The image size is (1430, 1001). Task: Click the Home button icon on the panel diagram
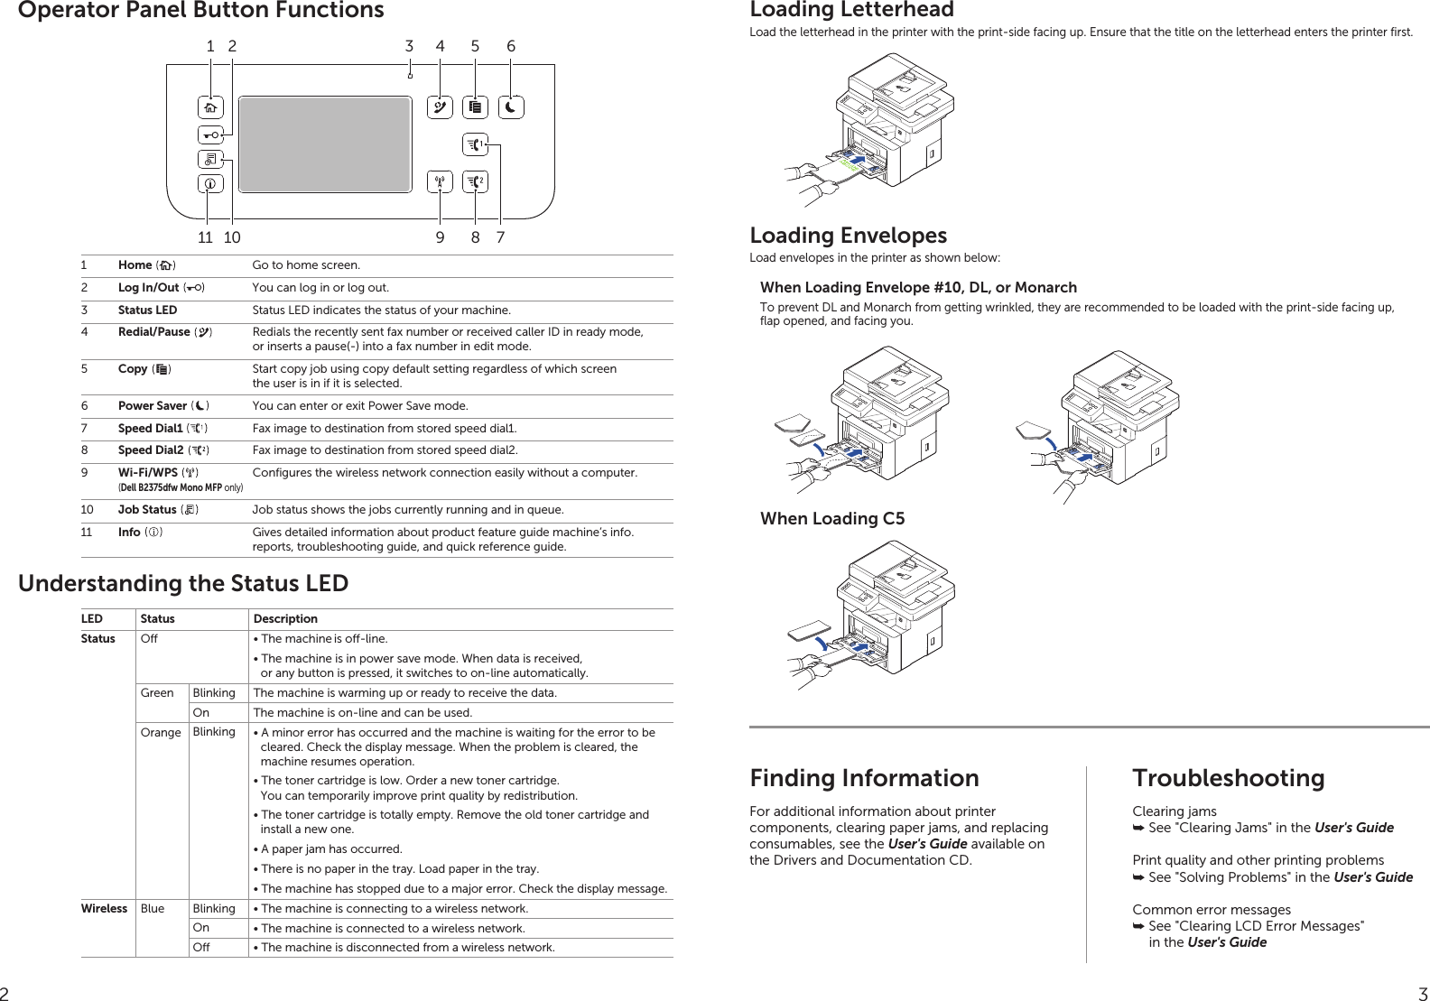coord(210,108)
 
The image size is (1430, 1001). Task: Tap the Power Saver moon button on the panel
coord(511,108)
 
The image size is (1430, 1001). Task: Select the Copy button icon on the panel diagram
coord(476,108)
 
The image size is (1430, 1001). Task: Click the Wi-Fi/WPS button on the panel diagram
coord(440,182)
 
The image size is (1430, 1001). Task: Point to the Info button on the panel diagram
coord(210,184)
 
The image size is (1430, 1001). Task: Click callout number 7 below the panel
coord(500,237)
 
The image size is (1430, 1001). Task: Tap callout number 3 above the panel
coord(409,46)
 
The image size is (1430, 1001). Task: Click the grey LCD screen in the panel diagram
coord(325,144)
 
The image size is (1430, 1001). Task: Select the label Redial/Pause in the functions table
coord(153,332)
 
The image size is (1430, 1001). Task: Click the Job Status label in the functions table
coord(147,510)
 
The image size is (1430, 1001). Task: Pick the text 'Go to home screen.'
coord(306,265)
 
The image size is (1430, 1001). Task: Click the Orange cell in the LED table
coord(161,733)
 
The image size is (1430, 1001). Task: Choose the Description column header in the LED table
coord(285,619)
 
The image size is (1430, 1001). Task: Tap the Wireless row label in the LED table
coord(104,909)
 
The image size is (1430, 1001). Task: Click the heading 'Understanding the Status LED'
coord(183,584)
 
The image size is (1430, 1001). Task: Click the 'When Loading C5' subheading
coord(831,519)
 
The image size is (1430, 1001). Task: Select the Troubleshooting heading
coord(1228,778)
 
